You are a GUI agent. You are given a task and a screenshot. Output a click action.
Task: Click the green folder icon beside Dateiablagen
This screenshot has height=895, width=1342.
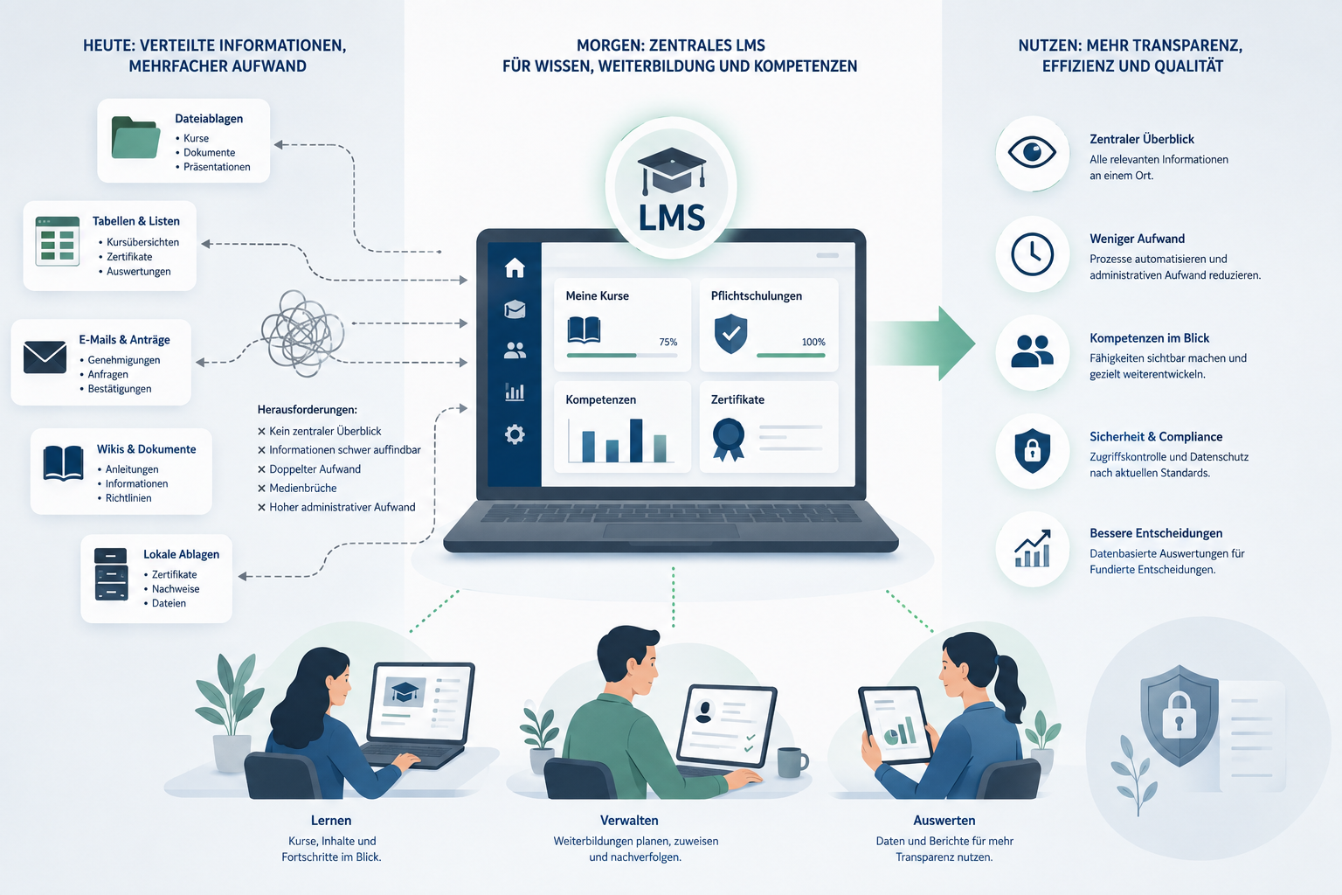click(x=135, y=137)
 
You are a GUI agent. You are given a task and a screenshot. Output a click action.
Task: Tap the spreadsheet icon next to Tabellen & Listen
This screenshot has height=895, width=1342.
click(x=58, y=241)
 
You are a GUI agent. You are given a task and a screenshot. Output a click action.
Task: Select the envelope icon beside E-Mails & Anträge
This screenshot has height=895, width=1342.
click(x=45, y=357)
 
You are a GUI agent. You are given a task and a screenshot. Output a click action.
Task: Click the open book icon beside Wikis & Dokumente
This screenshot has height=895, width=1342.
click(x=63, y=462)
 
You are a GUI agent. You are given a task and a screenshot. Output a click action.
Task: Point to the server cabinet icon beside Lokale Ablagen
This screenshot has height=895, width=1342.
click(x=111, y=574)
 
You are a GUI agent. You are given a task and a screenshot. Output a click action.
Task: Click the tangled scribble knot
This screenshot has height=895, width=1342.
click(x=302, y=333)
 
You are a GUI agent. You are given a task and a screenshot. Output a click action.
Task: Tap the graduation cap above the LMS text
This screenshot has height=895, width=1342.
click(x=671, y=170)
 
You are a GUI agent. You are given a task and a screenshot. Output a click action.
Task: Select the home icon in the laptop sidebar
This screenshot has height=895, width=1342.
click(x=515, y=267)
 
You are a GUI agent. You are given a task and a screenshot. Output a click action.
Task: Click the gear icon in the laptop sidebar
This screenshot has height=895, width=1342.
click(x=515, y=434)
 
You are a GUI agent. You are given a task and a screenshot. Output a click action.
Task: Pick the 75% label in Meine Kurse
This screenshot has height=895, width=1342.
click(x=668, y=343)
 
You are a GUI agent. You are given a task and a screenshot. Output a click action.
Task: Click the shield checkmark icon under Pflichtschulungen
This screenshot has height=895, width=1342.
click(x=731, y=333)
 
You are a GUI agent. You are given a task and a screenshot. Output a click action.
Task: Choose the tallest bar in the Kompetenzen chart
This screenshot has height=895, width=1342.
click(x=636, y=441)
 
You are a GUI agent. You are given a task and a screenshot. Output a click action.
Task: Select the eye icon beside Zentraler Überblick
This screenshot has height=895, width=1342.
click(x=1032, y=152)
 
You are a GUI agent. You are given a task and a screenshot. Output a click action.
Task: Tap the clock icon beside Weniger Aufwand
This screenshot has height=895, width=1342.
click(x=1032, y=254)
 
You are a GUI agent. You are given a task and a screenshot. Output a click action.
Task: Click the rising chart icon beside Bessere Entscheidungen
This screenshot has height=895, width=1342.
click(x=1032, y=549)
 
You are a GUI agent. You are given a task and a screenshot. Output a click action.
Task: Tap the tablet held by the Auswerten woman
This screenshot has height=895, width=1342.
click(x=895, y=725)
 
